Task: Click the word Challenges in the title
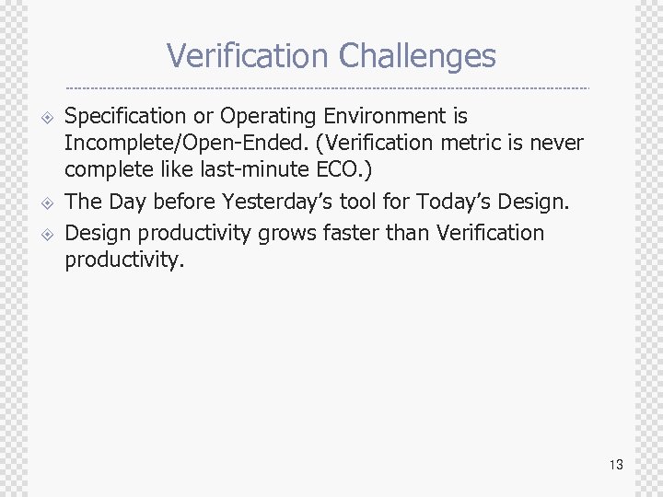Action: [x=417, y=57]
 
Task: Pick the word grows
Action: [x=283, y=233]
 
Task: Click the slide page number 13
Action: [x=616, y=465]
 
